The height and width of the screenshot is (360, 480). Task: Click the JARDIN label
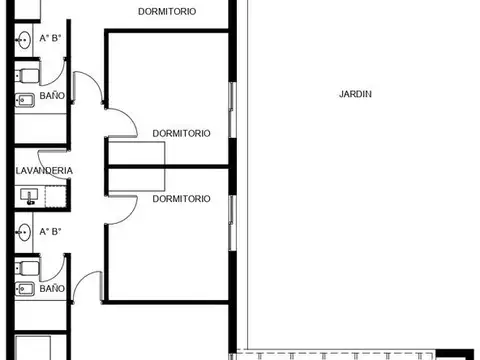(355, 95)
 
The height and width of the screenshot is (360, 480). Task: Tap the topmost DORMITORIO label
(166, 11)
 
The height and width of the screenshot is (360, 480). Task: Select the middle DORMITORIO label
(181, 132)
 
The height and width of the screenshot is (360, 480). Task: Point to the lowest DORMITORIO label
(181, 199)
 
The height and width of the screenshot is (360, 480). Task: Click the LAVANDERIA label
(44, 171)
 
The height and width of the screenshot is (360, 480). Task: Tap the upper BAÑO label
(52, 97)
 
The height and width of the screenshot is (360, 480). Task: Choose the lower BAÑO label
(52, 289)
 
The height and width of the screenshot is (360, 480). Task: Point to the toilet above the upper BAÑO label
(27, 73)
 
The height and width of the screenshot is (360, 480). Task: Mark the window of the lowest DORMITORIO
(231, 222)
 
